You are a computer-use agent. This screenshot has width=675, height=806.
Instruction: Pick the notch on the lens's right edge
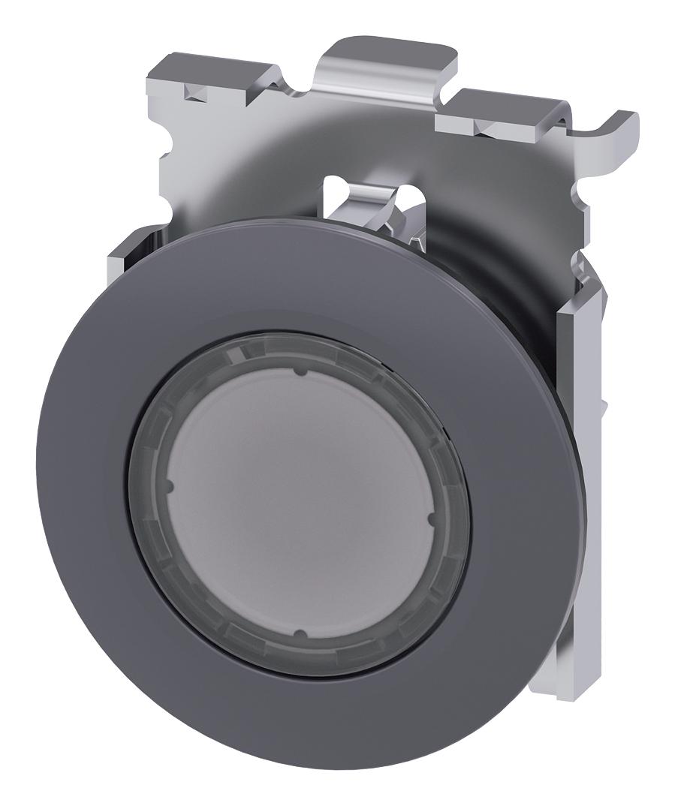pyautogui.click(x=430, y=517)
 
